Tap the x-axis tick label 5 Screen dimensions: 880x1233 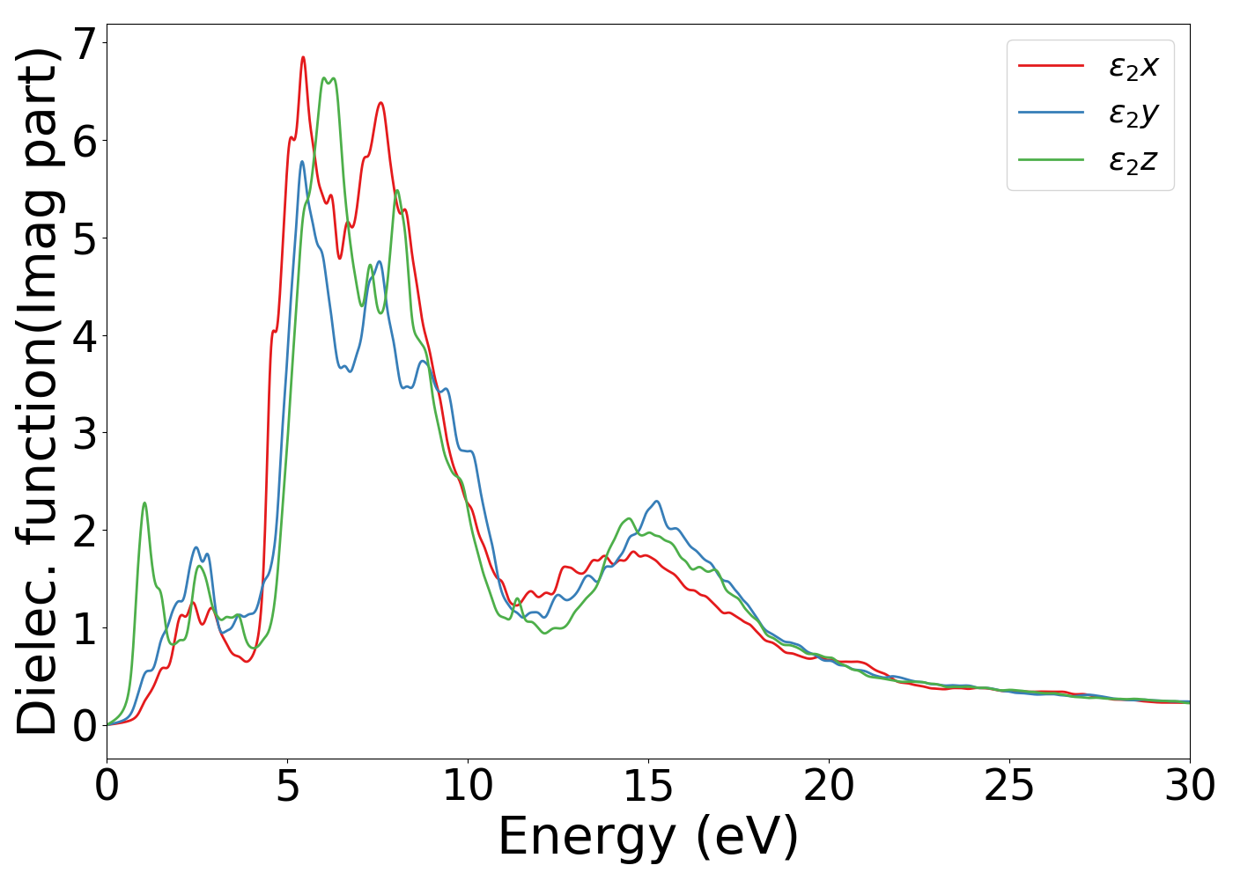coord(287,786)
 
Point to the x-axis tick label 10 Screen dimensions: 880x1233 coord(468,786)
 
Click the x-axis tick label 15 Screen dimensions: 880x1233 coord(648,786)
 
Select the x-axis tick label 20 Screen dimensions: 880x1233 coord(829,786)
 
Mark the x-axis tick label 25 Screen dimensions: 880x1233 coord(1009,786)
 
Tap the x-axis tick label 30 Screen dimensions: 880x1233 coord(1190,786)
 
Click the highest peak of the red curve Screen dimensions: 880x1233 coord(303,57)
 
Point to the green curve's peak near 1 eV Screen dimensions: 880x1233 coord(144,502)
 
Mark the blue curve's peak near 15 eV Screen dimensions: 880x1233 coord(656,501)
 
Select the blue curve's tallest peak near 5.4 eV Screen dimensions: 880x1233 coord(301,161)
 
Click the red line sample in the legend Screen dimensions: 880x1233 coord(1051,66)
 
